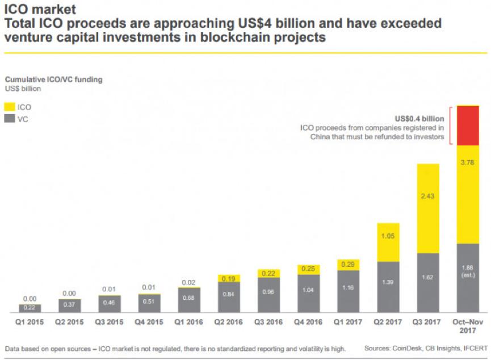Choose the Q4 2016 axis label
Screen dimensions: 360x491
306,322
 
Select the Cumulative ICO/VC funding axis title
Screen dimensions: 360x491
53,80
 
